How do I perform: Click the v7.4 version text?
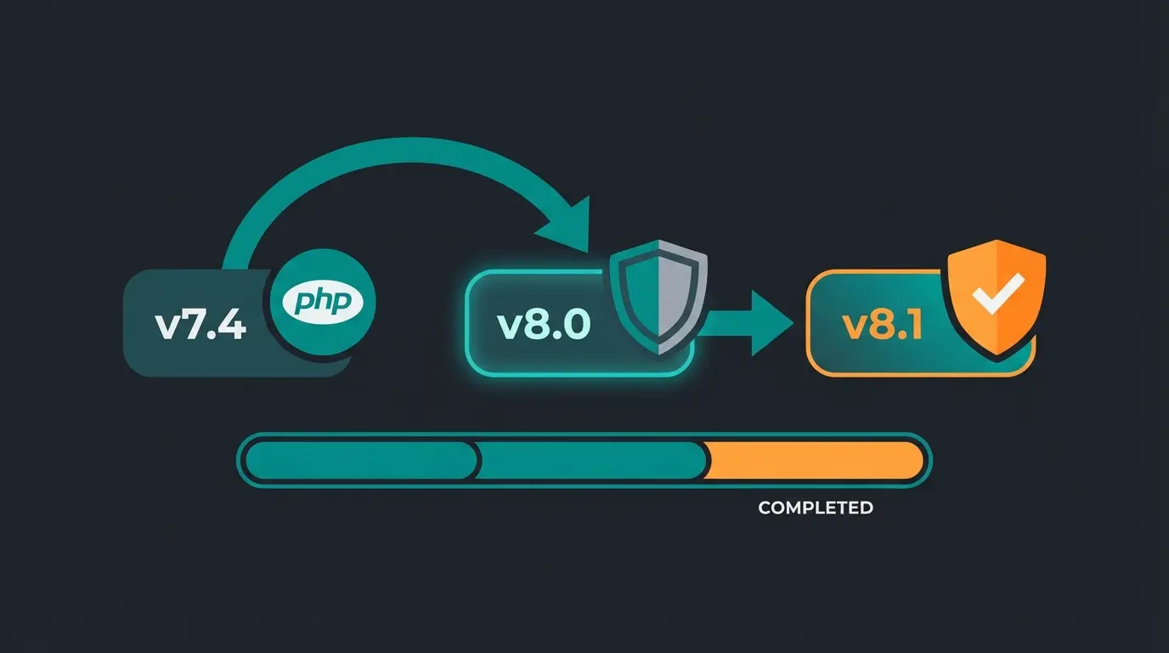(x=200, y=326)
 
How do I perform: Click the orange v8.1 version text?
(x=883, y=326)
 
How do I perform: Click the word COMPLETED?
(x=815, y=508)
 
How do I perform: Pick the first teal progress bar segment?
(x=361, y=461)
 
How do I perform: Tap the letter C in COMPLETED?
(x=765, y=508)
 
